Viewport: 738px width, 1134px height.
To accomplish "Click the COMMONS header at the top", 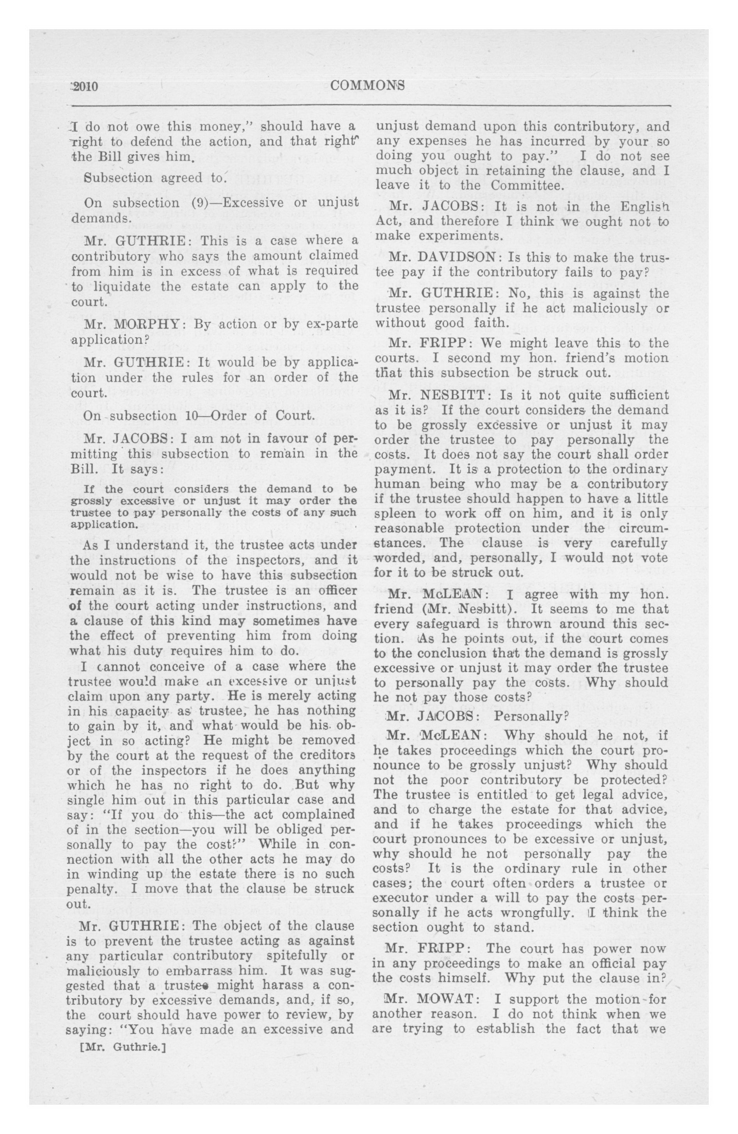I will click(367, 86).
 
